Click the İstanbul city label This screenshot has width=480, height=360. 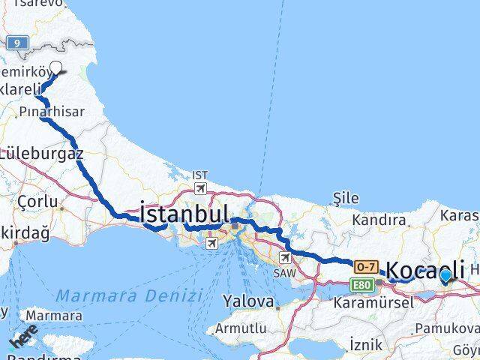tap(184, 213)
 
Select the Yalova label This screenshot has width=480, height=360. tap(248, 301)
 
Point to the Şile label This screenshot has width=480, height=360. tap(346, 199)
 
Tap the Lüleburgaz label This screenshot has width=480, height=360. tap(41, 153)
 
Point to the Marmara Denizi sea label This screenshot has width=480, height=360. tap(130, 295)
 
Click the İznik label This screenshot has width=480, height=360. tap(367, 344)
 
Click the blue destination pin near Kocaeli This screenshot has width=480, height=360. tap(445, 276)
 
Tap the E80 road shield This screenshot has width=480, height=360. tap(361, 283)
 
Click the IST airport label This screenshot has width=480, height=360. tap(199, 175)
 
